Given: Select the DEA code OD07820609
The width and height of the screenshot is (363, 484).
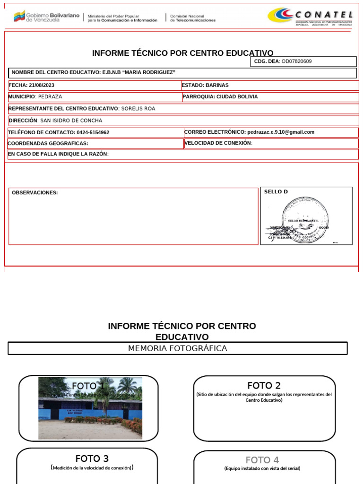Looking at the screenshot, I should click(296, 61).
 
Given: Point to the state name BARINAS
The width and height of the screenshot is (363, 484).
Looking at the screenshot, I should click(217, 86).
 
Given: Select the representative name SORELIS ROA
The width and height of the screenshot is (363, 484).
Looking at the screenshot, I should click(138, 109).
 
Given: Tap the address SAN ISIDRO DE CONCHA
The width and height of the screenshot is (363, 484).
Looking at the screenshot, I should click(71, 121).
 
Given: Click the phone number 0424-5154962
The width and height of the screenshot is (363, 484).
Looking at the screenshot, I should click(93, 133).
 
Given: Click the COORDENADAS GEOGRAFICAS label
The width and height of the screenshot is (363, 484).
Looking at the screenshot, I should click(48, 144).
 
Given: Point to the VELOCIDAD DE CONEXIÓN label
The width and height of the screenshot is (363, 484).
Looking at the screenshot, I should click(218, 143).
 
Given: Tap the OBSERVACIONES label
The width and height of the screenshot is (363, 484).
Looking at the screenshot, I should click(35, 193).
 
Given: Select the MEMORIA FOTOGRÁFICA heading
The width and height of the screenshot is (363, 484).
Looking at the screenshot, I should click(178, 348).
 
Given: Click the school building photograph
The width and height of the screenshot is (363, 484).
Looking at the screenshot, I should click(90, 408).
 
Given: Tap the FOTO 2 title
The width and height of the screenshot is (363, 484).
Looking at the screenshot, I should click(264, 386).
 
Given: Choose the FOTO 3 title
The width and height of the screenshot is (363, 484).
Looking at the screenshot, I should click(92, 458).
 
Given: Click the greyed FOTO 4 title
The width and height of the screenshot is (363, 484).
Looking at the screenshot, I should click(262, 460).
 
